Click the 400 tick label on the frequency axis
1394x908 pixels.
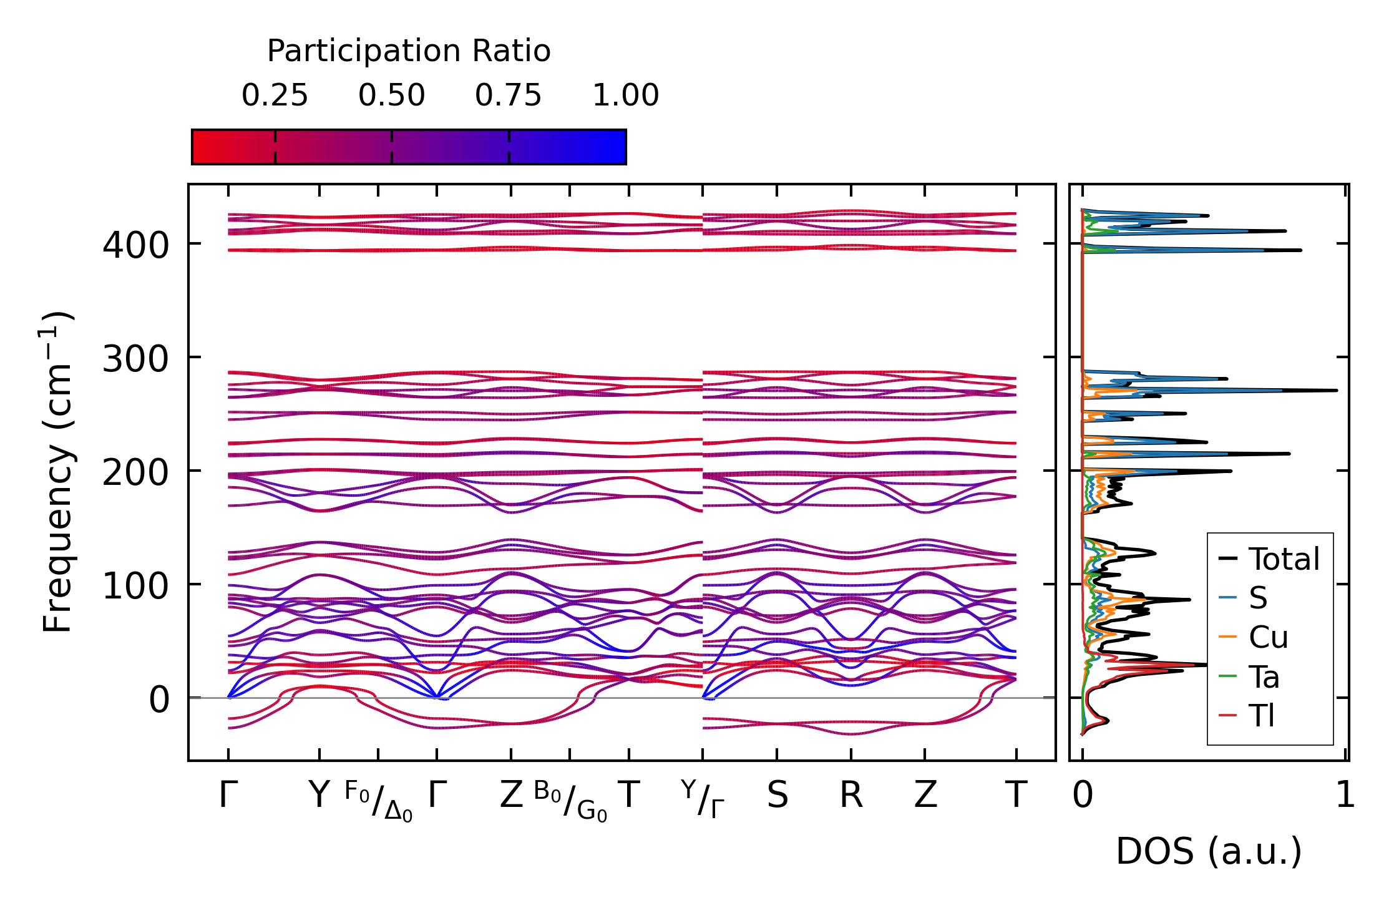(x=135, y=245)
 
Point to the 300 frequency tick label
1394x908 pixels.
(x=135, y=359)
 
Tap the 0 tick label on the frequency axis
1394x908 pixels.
(x=159, y=700)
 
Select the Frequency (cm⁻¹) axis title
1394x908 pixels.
(x=57, y=472)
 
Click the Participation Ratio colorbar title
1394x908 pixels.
(x=409, y=51)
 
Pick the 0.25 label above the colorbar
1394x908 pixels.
(x=275, y=95)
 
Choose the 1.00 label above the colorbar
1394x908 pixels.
(x=625, y=95)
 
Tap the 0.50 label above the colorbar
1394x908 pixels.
(x=391, y=95)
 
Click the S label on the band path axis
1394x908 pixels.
(x=777, y=796)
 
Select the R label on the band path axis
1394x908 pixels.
(x=851, y=796)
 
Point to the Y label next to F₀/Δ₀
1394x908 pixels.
(x=319, y=796)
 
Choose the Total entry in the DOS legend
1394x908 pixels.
(x=1283, y=559)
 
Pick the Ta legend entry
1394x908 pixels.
(x=1264, y=677)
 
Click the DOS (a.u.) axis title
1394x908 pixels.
(x=1209, y=852)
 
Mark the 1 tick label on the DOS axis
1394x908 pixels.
(x=1345, y=796)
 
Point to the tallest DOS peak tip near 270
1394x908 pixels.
(x=1337, y=391)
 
